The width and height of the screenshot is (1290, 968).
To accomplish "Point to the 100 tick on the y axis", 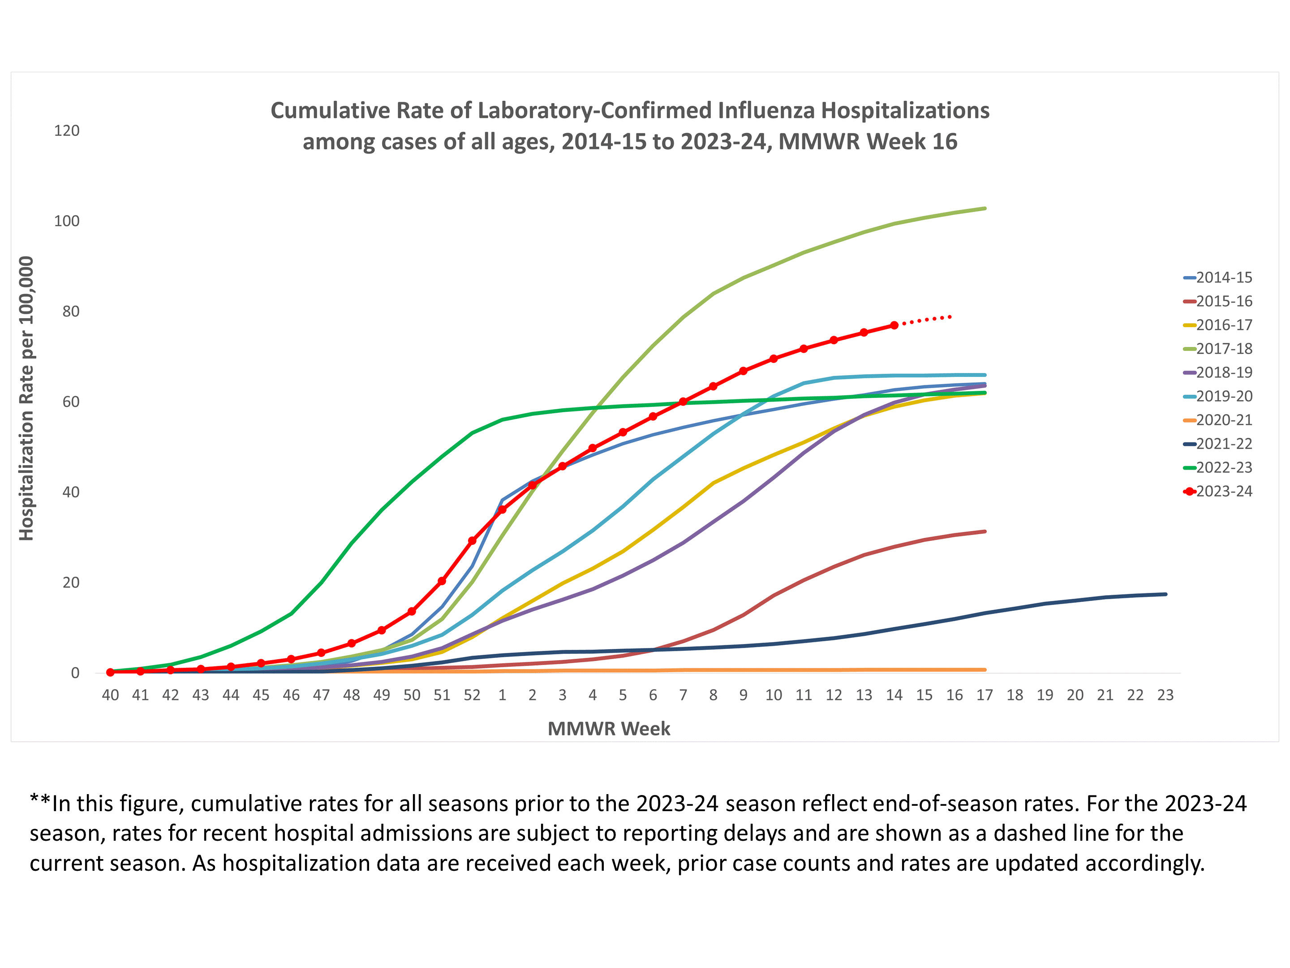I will tap(66, 221).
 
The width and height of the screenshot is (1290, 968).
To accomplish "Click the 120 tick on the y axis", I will tap(66, 131).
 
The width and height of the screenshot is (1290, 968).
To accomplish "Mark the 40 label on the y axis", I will tap(71, 493).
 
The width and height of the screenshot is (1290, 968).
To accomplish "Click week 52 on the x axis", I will tap(472, 695).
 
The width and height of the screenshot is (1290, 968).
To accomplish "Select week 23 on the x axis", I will tap(1165, 695).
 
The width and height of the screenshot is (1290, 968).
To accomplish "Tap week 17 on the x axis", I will tap(985, 695).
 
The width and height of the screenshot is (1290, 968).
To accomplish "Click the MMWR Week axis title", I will tap(609, 729).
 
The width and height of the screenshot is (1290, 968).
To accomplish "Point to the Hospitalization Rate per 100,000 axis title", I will tap(26, 398).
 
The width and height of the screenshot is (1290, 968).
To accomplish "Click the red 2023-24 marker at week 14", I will tap(894, 326).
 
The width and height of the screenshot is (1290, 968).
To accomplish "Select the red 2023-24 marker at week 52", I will tap(472, 541).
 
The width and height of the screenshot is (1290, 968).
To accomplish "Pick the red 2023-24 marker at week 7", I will tap(683, 402).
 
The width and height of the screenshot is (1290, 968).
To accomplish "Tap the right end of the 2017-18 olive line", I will tap(985, 208).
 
